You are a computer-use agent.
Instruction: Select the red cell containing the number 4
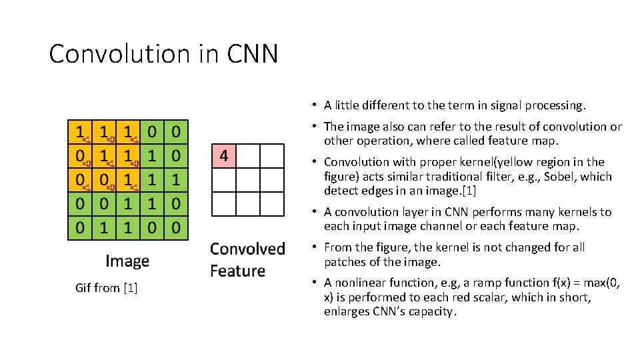click(x=224, y=156)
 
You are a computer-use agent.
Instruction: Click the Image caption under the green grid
click(x=127, y=261)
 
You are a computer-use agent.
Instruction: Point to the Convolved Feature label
click(x=247, y=260)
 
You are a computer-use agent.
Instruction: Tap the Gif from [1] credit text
click(x=107, y=288)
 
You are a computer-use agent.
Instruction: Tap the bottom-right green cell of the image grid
click(x=175, y=227)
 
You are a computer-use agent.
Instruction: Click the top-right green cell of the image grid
click(x=175, y=132)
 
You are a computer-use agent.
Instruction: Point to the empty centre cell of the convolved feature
click(x=248, y=180)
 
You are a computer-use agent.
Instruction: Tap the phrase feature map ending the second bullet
click(x=529, y=141)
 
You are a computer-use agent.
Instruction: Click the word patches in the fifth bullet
click(x=343, y=262)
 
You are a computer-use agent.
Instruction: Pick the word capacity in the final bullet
click(x=433, y=312)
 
